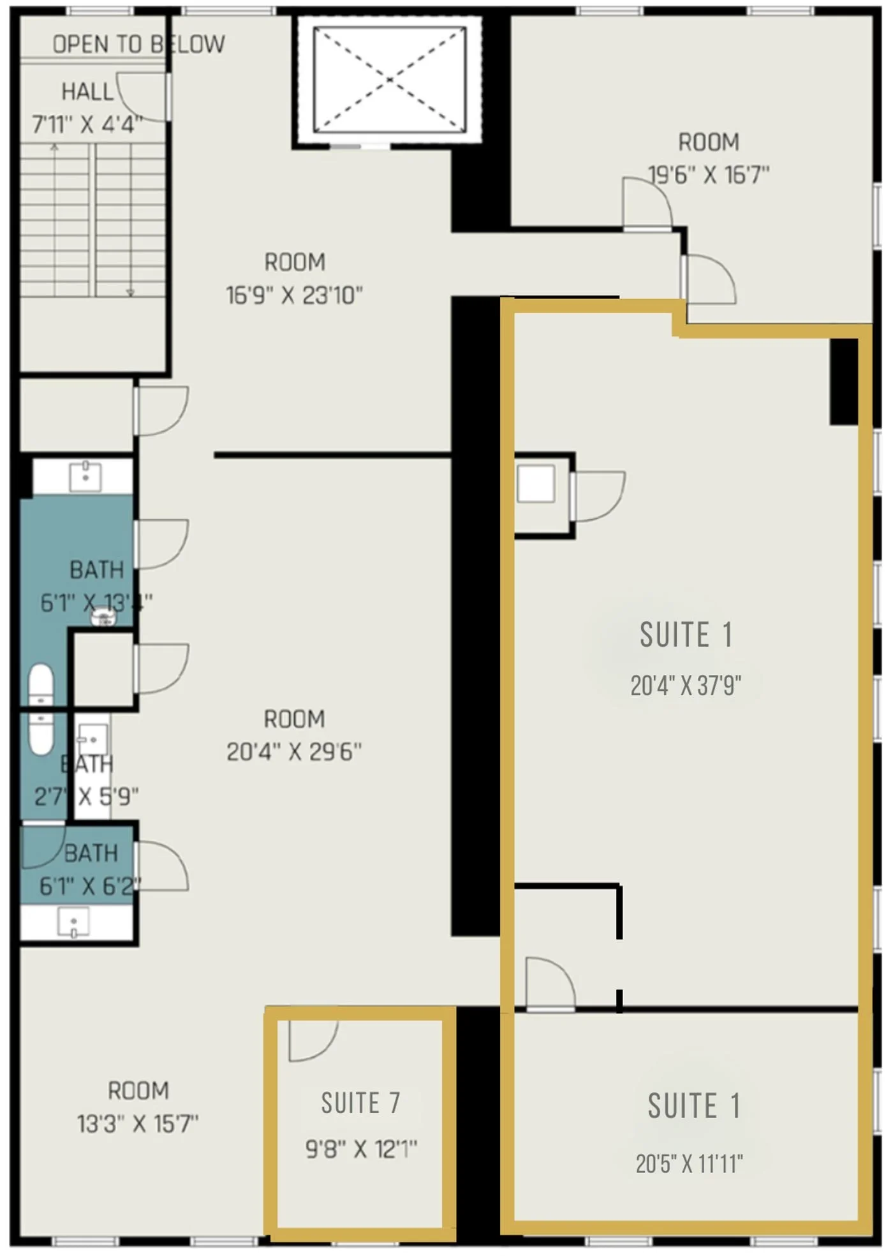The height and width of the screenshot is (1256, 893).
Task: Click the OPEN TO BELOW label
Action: click(x=138, y=44)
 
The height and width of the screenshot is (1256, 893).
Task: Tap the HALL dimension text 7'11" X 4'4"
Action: click(x=87, y=124)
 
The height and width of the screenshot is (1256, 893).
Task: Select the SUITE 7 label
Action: click(x=360, y=1103)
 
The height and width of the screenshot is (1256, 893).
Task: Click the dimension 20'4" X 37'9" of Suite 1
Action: click(x=686, y=686)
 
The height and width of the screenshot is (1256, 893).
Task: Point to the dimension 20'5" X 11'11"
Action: click(x=689, y=1164)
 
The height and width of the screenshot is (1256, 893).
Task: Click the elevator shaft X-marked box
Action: click(x=389, y=80)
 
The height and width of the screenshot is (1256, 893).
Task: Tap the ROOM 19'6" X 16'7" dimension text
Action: click(x=709, y=174)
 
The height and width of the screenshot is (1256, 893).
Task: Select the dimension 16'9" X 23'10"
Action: click(x=294, y=295)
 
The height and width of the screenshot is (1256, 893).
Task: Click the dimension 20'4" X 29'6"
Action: click(x=294, y=751)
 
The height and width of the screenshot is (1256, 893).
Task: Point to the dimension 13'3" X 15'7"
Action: click(x=138, y=1123)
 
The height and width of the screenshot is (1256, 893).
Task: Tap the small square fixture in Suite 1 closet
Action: click(x=536, y=484)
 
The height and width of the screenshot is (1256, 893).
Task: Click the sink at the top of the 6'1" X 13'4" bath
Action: click(x=85, y=476)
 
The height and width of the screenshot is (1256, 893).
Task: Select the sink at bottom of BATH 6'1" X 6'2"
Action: click(x=73, y=922)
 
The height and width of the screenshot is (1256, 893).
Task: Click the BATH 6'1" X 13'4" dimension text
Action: click(x=96, y=602)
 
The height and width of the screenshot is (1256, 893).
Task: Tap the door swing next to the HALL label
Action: click(x=142, y=96)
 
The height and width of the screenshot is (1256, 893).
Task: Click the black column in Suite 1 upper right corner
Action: click(x=843, y=381)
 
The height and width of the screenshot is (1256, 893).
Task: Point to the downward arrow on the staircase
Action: click(x=130, y=292)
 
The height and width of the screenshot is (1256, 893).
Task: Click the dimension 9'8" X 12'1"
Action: click(x=361, y=1149)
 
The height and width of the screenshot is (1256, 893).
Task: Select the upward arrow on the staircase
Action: click(x=55, y=148)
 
